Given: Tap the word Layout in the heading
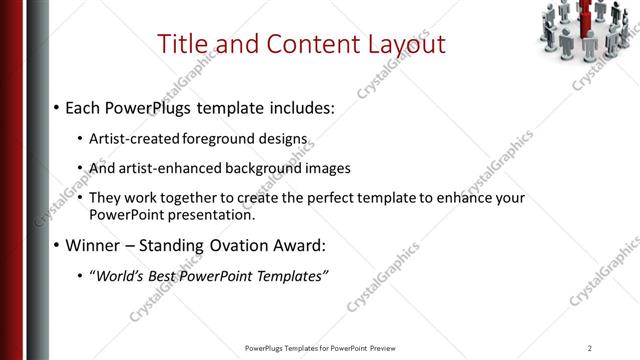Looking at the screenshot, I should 398,44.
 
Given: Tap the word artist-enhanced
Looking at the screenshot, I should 169,168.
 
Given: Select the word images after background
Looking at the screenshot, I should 326,168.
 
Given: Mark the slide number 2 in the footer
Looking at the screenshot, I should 589,348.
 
